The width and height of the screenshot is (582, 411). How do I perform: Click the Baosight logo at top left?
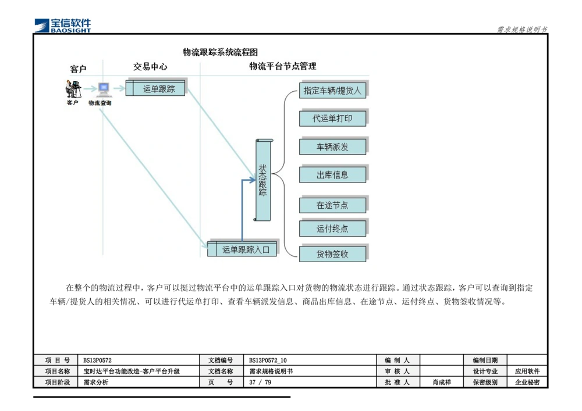click(63, 24)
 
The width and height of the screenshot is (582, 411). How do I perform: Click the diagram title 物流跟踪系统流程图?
click(221, 52)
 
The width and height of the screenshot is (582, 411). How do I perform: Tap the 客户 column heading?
click(78, 69)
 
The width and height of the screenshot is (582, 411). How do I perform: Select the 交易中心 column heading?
click(150, 67)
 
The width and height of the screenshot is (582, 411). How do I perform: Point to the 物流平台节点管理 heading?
click(283, 66)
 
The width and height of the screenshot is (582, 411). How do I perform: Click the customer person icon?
click(73, 89)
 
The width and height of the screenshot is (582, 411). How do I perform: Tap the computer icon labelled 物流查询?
click(103, 90)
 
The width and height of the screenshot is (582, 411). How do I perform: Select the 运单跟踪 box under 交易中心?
click(156, 89)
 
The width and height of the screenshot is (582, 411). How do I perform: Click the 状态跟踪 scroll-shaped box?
click(263, 180)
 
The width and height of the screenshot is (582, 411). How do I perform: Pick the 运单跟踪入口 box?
click(244, 249)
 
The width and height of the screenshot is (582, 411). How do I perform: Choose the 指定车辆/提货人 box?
click(332, 91)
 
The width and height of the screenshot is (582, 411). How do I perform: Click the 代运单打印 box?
click(332, 119)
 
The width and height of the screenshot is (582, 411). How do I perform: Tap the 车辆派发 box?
click(332, 147)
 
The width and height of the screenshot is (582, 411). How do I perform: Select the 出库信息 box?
click(332, 175)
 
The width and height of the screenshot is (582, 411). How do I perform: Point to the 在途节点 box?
click(332, 205)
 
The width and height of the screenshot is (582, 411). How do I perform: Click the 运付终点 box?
click(332, 228)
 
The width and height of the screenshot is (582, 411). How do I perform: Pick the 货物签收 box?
click(332, 254)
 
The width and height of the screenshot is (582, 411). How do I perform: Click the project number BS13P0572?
click(97, 360)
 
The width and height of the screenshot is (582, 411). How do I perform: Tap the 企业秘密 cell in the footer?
click(527, 383)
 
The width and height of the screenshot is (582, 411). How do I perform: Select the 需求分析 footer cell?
click(96, 383)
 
